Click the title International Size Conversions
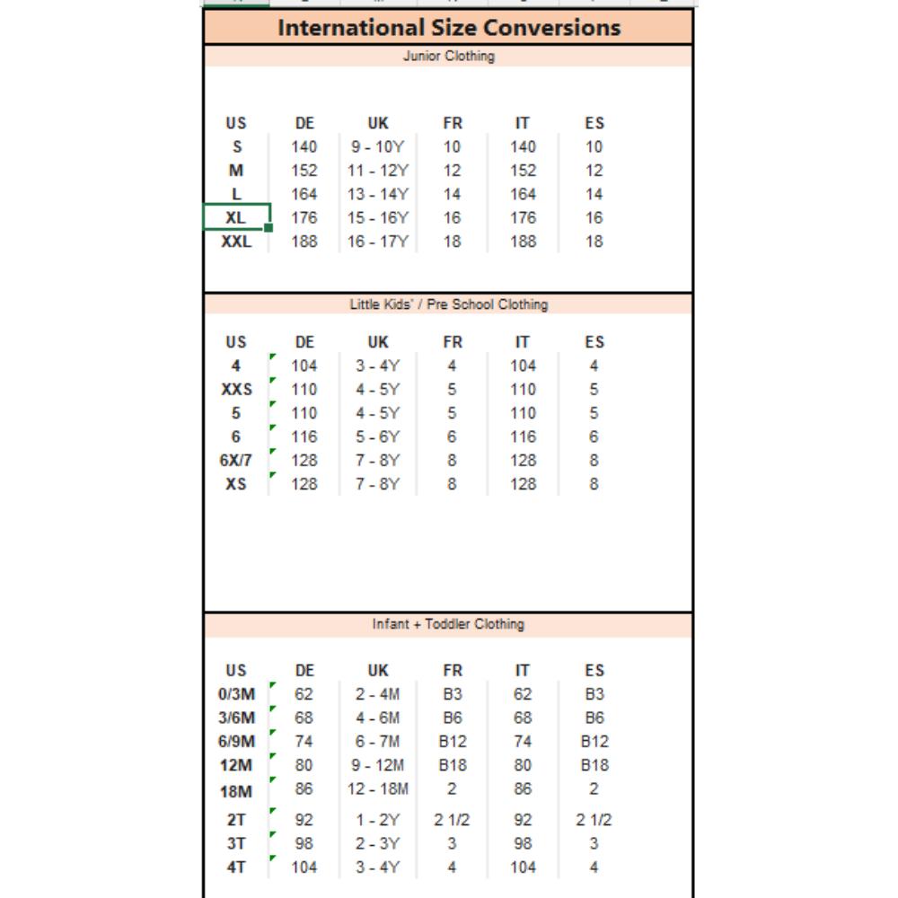click(449, 27)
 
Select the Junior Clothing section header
click(449, 56)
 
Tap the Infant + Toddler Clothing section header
click(449, 624)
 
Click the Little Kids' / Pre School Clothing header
click(449, 304)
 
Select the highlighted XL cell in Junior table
click(236, 217)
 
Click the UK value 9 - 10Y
click(378, 147)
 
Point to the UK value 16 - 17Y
click(378, 242)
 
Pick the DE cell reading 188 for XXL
click(304, 242)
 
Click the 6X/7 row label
click(236, 461)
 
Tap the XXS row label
click(236, 390)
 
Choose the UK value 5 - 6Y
click(378, 437)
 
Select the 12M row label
click(236, 766)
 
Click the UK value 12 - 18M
click(378, 789)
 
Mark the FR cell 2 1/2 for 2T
click(452, 820)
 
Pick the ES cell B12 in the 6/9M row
click(594, 742)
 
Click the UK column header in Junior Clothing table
click(378, 123)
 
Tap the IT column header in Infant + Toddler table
click(523, 671)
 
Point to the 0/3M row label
click(236, 694)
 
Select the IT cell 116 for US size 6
click(523, 437)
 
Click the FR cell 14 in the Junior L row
click(452, 194)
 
